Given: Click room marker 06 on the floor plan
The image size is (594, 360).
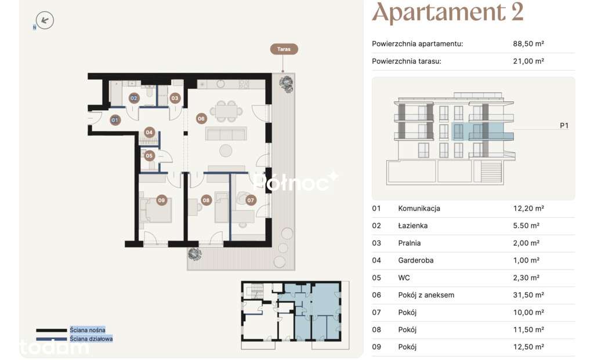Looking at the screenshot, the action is click(201, 118).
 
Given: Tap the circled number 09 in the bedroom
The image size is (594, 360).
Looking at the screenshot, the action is click(162, 200).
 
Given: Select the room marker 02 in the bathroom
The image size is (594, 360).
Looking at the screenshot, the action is click(134, 99).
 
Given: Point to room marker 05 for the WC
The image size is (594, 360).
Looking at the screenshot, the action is click(149, 155).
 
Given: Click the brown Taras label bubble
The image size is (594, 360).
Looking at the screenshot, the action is click(284, 49).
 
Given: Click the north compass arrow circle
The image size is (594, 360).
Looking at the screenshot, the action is click(45, 20).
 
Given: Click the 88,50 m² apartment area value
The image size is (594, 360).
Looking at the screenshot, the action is click(528, 43).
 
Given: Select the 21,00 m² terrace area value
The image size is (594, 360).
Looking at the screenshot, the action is click(528, 61).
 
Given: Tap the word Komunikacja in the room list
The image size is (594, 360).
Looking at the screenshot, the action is click(419, 208).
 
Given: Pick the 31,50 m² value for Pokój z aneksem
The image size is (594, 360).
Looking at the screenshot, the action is click(528, 295).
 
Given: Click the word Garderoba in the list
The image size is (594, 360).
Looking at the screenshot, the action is click(415, 260).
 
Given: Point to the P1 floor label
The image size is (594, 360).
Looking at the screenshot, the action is click(564, 125).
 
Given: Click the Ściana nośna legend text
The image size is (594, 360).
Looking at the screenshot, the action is click(88, 330).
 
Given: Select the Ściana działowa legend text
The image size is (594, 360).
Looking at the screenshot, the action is click(91, 339).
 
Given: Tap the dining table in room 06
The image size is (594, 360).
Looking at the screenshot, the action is click(227, 111).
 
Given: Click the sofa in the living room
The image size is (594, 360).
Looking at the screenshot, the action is click(226, 134).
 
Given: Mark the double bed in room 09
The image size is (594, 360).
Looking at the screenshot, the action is click(155, 209).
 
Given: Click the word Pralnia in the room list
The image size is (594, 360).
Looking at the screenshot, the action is click(409, 243).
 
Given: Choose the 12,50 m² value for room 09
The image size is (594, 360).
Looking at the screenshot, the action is click(528, 347).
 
